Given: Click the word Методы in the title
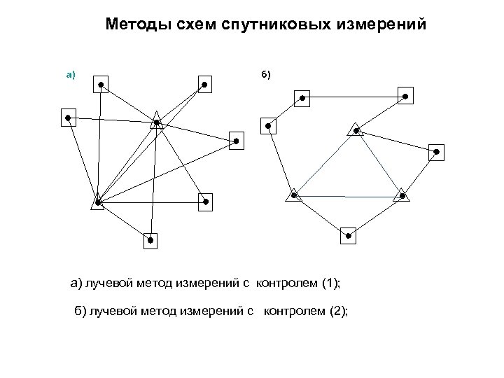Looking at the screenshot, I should click(x=134, y=25).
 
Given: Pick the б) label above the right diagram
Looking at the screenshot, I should click(x=265, y=73).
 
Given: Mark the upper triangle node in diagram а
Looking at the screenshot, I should click(x=157, y=122).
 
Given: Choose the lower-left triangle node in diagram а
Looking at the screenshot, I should click(x=98, y=203).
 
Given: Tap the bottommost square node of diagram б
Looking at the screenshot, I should click(x=348, y=235).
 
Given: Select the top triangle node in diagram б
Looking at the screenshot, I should click(x=356, y=129).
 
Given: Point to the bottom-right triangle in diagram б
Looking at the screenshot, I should click(x=401, y=195).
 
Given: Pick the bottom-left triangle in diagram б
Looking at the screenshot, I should click(x=294, y=194).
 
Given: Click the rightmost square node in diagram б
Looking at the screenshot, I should click(x=436, y=151).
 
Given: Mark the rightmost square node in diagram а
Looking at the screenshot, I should click(x=237, y=141).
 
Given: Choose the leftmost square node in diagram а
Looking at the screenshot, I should click(x=69, y=118).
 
